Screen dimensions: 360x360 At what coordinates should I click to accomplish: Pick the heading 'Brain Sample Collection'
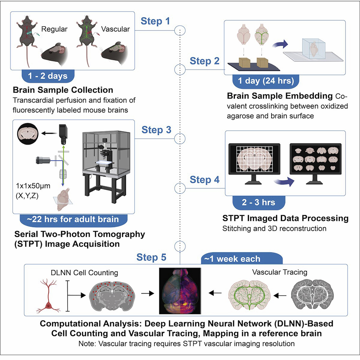click(x=63, y=89)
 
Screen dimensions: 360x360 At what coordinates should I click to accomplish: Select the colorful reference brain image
click(x=180, y=291)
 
